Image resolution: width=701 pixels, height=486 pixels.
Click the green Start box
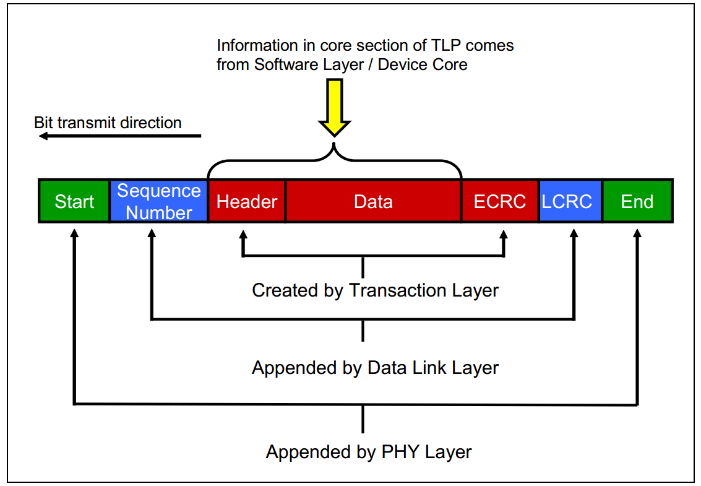click(x=74, y=201)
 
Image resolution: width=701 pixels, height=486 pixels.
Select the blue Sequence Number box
click(x=159, y=201)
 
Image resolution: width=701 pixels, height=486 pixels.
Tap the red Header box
click(x=247, y=201)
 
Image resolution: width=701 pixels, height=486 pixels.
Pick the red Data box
click(x=373, y=201)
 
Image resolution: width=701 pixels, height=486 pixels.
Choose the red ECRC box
click(x=500, y=201)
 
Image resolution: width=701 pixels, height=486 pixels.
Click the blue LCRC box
click(x=570, y=201)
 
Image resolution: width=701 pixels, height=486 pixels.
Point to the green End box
click(x=637, y=201)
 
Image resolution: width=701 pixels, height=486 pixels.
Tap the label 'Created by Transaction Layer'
click(x=375, y=290)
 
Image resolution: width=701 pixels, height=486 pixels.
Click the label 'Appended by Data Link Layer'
click(x=375, y=368)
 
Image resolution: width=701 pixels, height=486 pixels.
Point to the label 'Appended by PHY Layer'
click(x=369, y=451)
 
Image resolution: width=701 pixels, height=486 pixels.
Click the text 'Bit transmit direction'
click(x=108, y=123)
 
